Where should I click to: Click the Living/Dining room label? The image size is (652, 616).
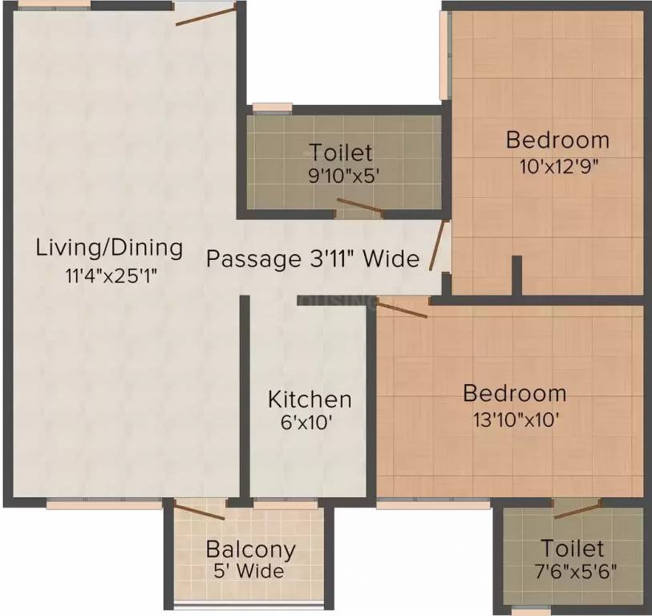[x=109, y=247]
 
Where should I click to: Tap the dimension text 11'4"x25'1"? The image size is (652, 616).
[x=110, y=274]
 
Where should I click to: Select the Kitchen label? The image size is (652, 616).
[x=310, y=399]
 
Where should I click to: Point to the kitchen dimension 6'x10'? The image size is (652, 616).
[x=310, y=423]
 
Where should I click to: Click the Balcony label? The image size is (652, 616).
[x=250, y=550]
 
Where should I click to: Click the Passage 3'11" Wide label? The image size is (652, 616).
[x=313, y=259]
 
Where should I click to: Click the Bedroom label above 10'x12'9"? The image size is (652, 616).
[x=557, y=140]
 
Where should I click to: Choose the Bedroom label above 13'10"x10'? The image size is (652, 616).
[x=515, y=394]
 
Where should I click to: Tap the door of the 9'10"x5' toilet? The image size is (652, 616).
[x=359, y=207]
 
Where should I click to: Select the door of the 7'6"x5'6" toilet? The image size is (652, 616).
[x=577, y=509]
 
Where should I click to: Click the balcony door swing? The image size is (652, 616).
[x=200, y=513]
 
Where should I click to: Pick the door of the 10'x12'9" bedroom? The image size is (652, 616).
[x=437, y=245]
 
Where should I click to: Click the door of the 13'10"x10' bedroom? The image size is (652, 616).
[x=403, y=309]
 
